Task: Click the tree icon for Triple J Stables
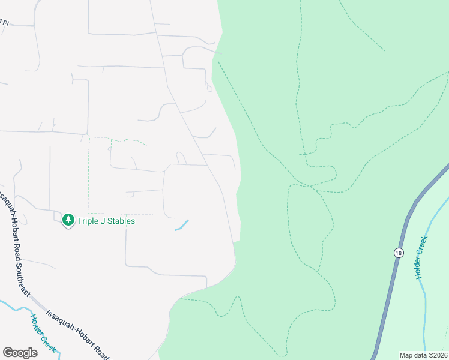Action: click(x=68, y=221)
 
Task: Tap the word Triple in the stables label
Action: click(x=89, y=221)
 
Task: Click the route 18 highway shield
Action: click(x=398, y=253)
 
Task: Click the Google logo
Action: click(x=20, y=353)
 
